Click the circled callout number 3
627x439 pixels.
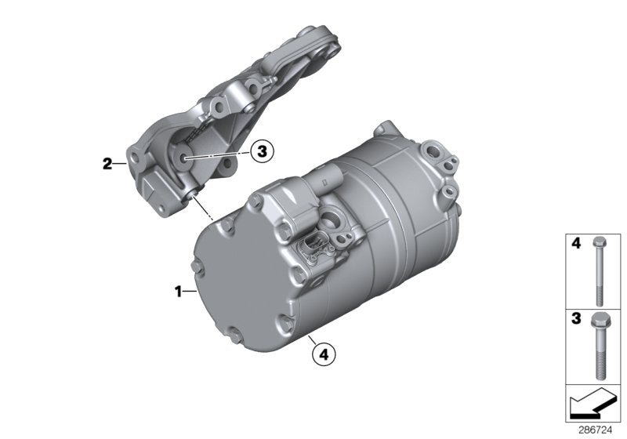pos(262,152)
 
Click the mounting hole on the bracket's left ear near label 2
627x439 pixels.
pos(138,163)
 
